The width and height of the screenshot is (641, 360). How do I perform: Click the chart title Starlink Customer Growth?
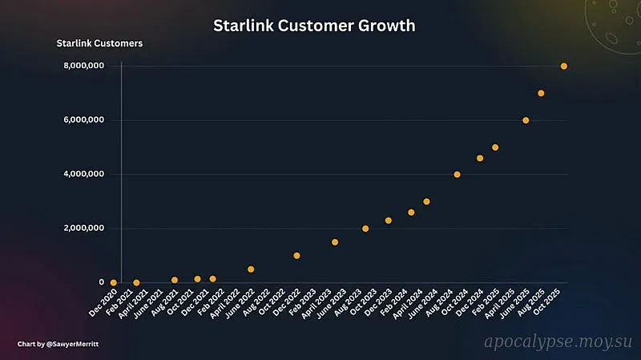pos(314,26)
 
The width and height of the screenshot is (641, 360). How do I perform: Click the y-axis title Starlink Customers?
pos(99,43)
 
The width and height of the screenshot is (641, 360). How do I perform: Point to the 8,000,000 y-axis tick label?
pos(83,66)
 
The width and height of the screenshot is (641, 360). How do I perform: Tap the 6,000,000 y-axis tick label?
pos(83,120)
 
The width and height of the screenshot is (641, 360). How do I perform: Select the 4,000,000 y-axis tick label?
pos(83,174)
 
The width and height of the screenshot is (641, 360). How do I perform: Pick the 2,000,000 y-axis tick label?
pos(83,229)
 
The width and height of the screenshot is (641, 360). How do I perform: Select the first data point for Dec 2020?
pos(114,282)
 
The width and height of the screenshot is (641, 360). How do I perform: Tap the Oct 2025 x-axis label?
pos(552,302)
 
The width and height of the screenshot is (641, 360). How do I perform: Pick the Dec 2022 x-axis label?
pos(284,302)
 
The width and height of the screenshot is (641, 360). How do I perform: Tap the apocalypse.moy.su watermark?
pos(557,342)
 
